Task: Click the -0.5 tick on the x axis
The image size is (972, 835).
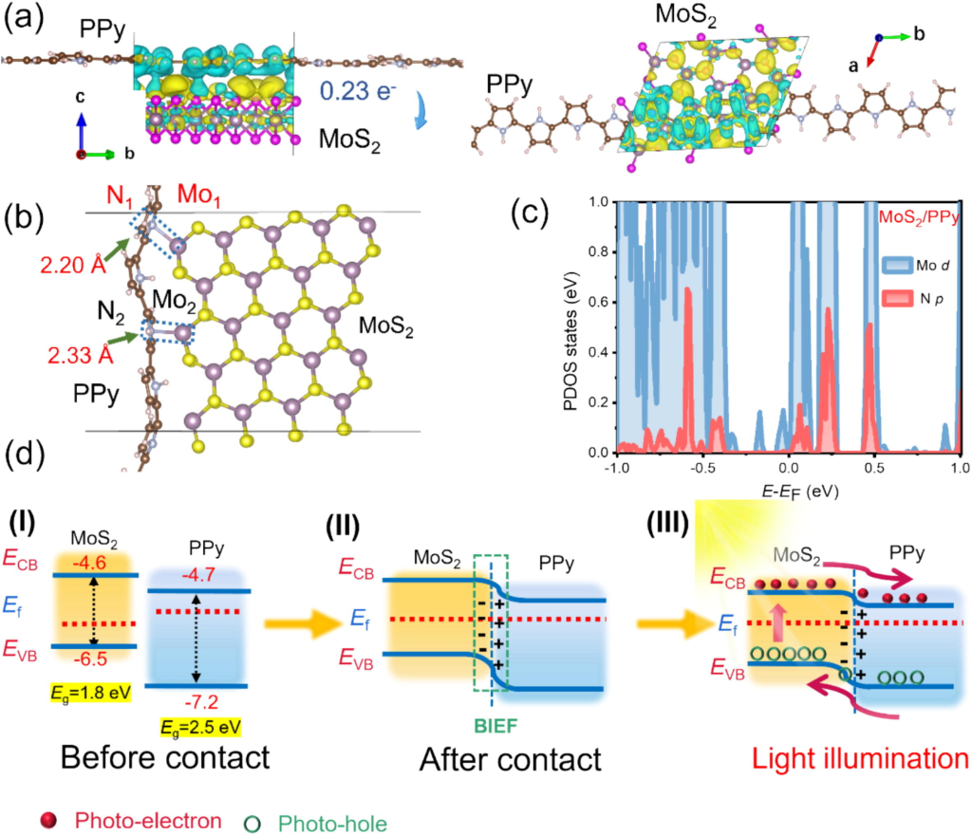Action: tap(702, 469)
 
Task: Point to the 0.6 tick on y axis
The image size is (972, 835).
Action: tap(597, 301)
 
